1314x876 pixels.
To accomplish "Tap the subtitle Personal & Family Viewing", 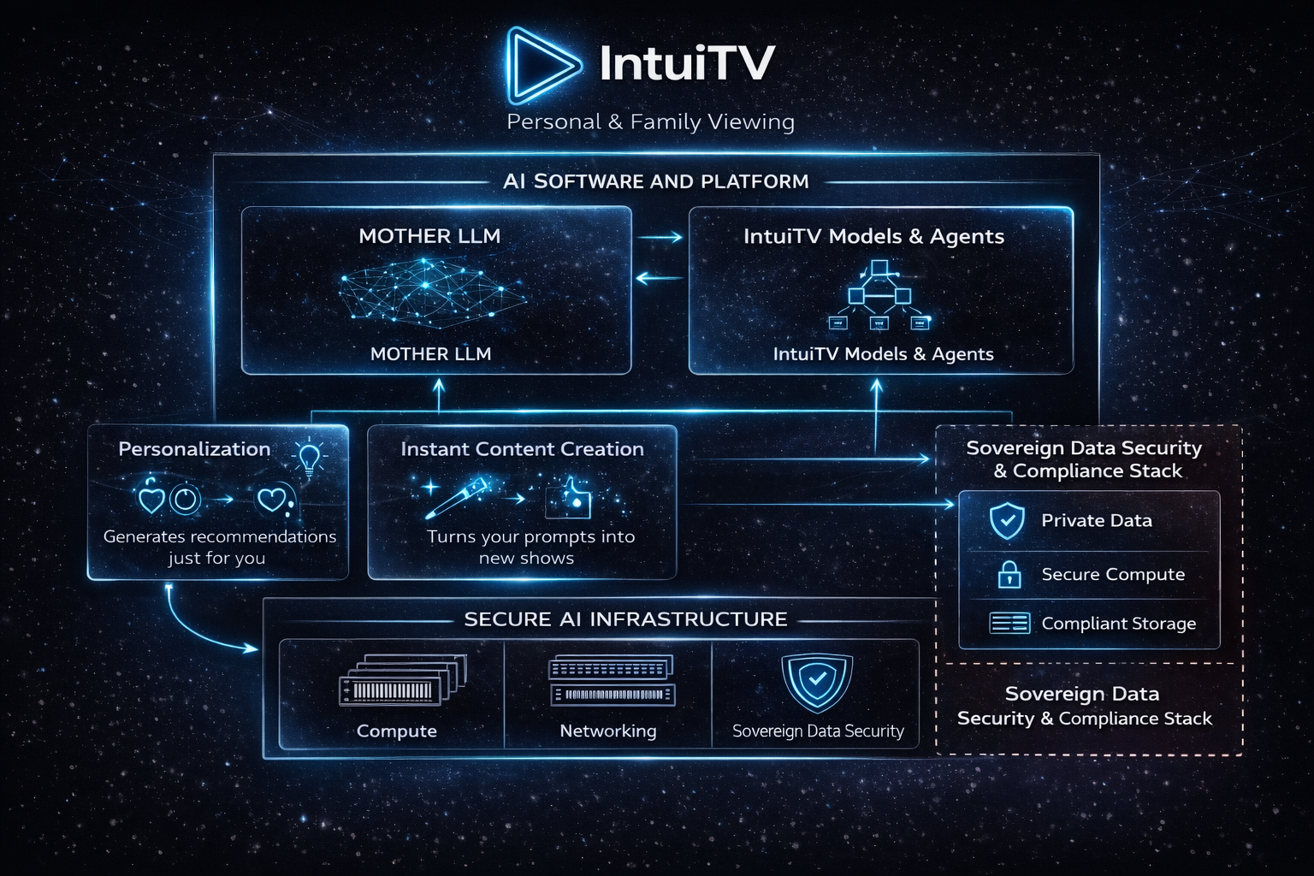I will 650,122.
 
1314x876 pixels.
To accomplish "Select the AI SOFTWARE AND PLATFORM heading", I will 655,181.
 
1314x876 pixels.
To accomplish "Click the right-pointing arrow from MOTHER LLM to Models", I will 660,237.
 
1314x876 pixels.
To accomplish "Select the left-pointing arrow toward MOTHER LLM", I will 659,277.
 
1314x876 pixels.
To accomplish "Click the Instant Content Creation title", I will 522,449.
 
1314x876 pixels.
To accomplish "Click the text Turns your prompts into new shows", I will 530,547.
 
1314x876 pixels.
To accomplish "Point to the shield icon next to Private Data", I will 1007,520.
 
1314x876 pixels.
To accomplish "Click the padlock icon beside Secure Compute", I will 1009,574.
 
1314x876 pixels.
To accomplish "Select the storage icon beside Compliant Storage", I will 1009,623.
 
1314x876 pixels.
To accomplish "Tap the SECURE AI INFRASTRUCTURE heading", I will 625,619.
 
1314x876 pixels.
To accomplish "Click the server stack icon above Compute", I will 402,681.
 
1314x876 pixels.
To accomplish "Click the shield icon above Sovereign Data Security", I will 817,682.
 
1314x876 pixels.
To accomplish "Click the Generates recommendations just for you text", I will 219,547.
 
